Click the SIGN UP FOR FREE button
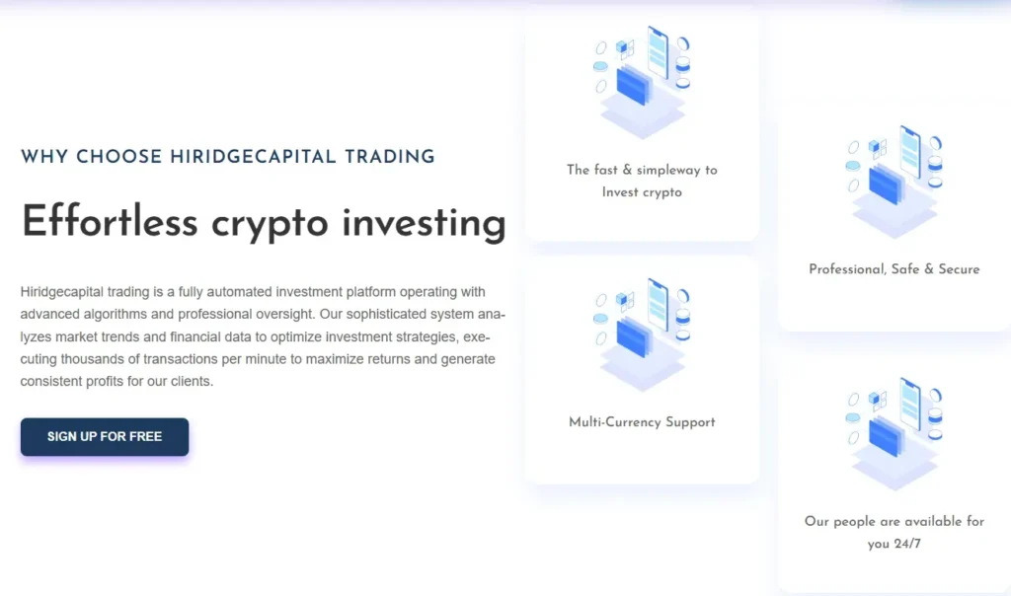(105, 436)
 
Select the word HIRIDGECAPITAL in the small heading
(253, 156)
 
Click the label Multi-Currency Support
(642, 422)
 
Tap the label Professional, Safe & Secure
(894, 269)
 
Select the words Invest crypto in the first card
(642, 192)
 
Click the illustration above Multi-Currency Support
(642, 334)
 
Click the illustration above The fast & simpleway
(642, 81)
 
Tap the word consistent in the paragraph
(50, 381)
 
